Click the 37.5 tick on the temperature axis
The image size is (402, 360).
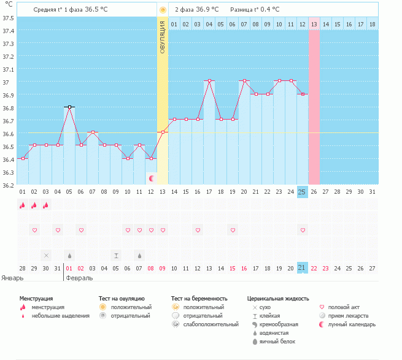coord(9,17)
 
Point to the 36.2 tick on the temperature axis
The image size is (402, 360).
coord(9,185)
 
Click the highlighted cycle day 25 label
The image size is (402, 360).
coord(302,192)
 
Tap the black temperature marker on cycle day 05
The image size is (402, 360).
coord(69,107)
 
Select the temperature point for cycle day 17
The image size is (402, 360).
coord(209,80)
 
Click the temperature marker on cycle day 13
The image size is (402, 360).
coord(163,132)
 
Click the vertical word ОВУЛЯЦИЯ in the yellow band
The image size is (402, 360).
coord(163,36)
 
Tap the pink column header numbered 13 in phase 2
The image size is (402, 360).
coord(314,24)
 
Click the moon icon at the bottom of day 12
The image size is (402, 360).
coord(151,178)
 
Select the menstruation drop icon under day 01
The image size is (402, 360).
coord(22,205)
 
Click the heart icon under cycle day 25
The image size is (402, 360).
coord(302,230)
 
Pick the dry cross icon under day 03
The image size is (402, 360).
coord(46,255)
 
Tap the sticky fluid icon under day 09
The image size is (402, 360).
coord(116,255)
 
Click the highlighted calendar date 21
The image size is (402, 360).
coord(302,268)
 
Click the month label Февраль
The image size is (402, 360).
coord(80,278)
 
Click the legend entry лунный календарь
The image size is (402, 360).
coord(352,324)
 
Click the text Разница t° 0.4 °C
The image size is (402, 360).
coord(255,10)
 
